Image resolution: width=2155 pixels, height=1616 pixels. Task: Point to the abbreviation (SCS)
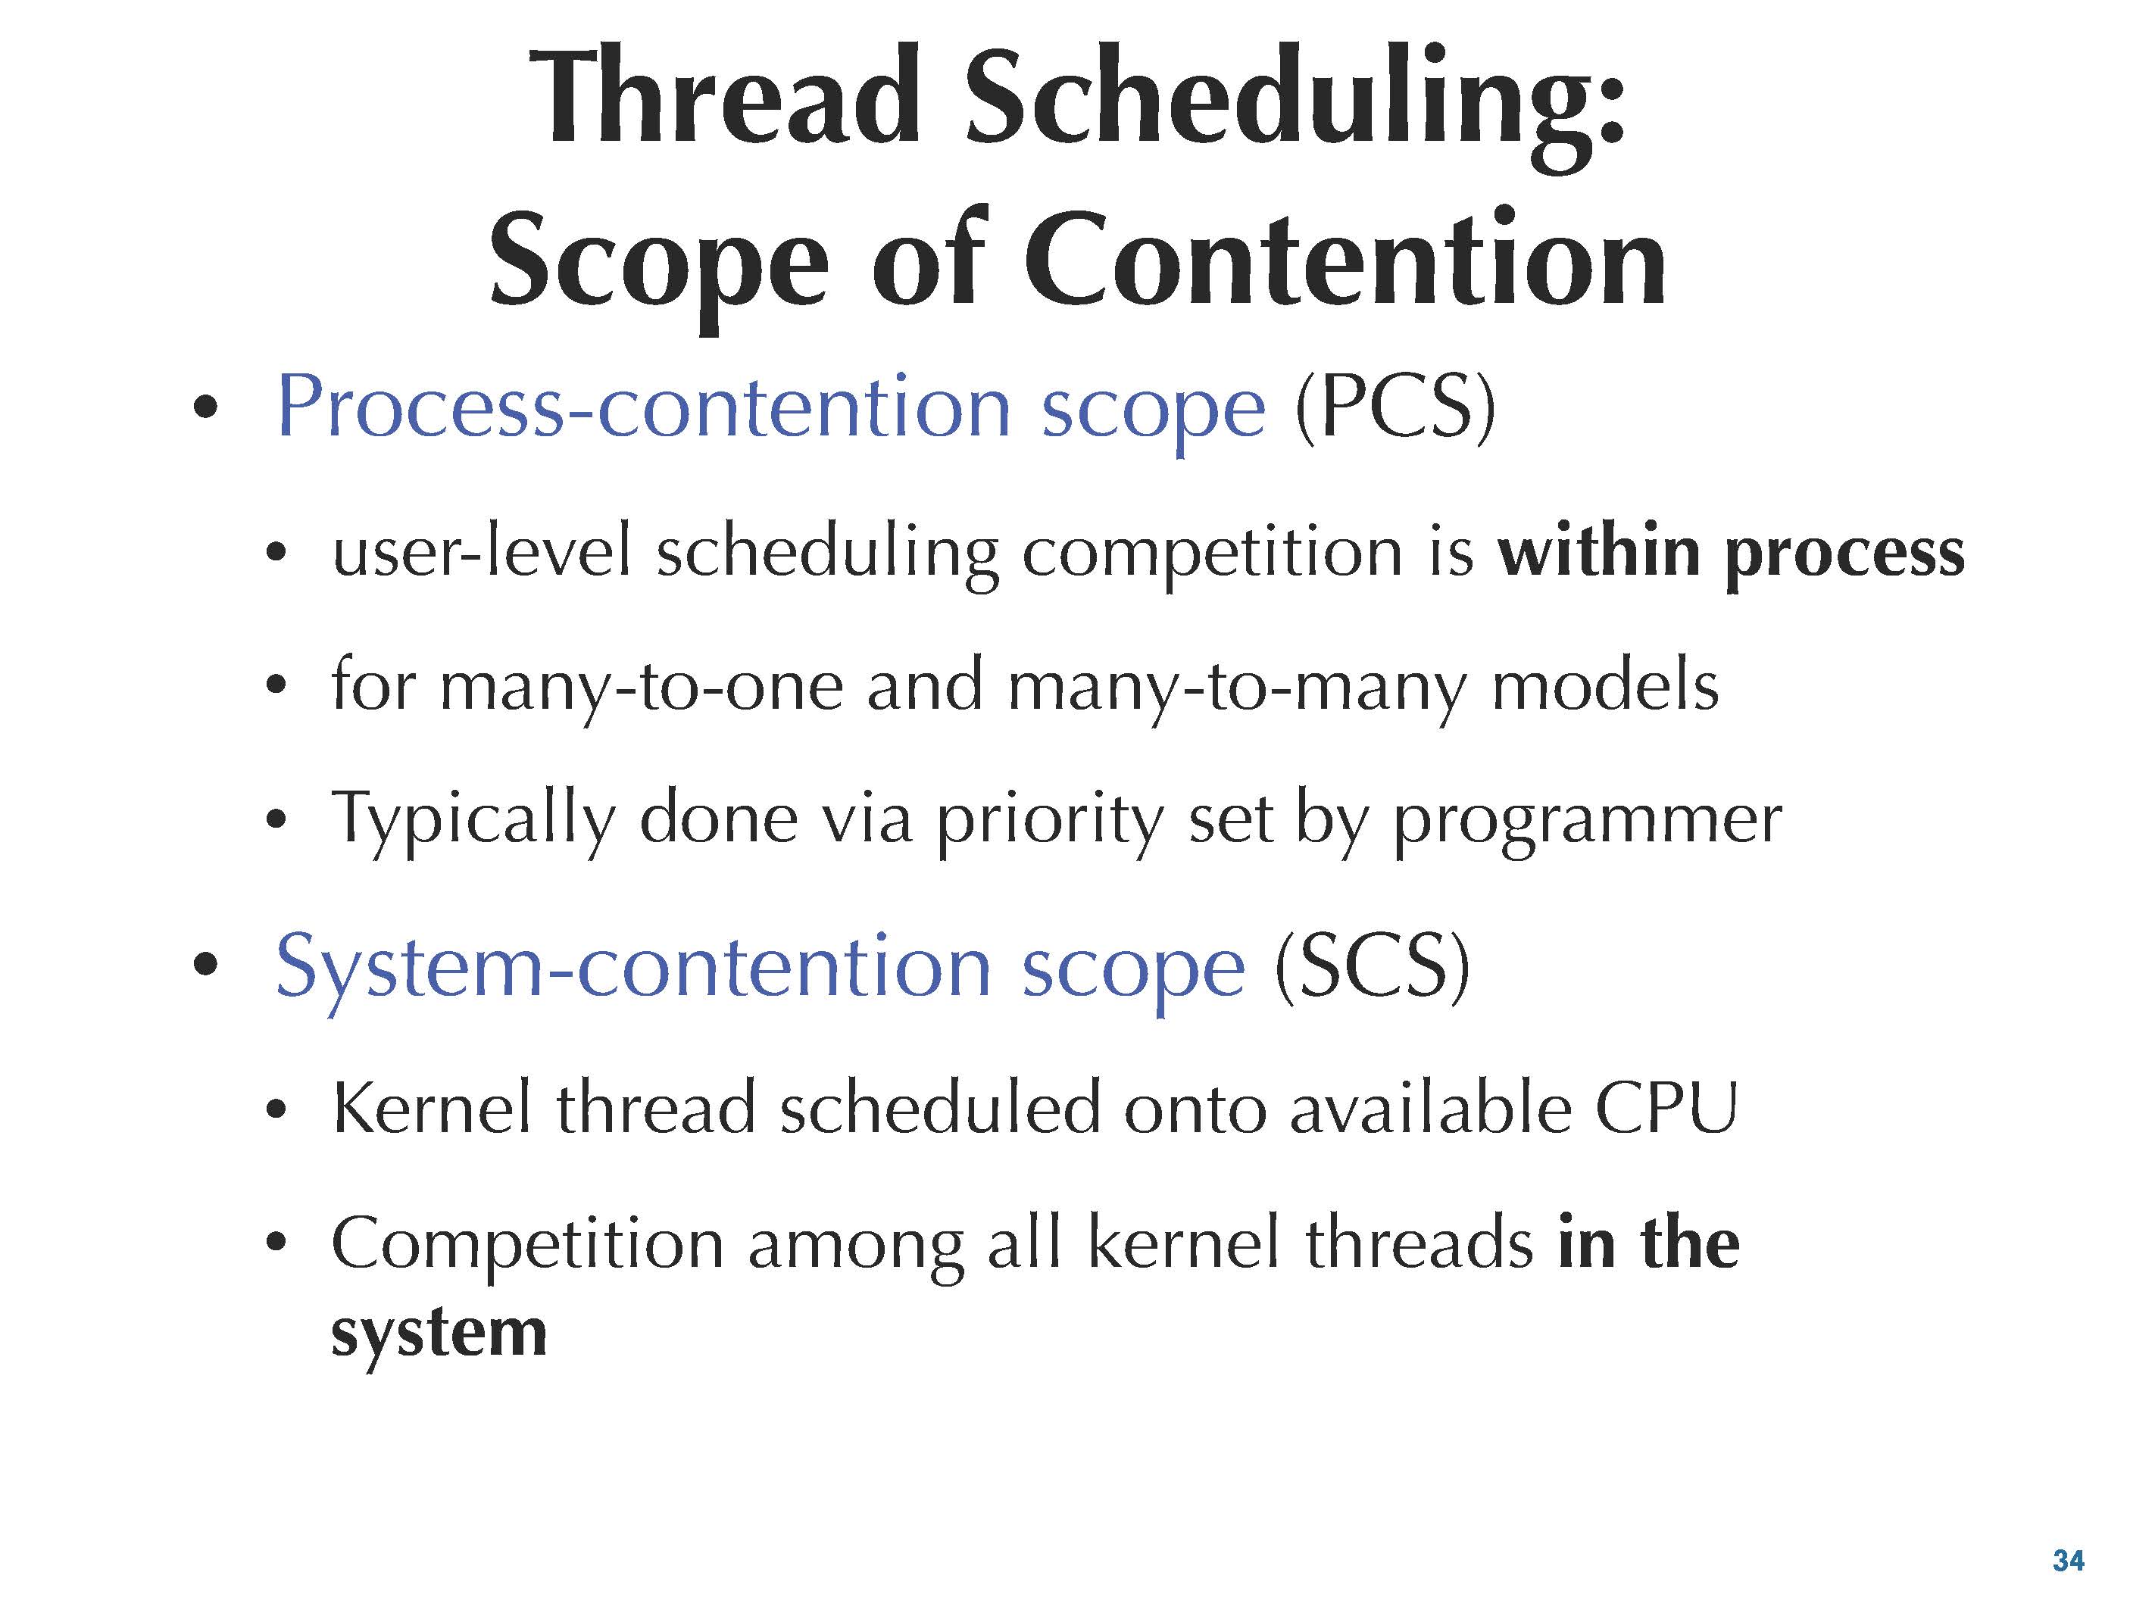(x=1372, y=966)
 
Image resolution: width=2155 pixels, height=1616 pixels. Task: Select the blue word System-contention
(x=632, y=969)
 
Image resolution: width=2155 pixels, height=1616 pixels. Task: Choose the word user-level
(x=481, y=551)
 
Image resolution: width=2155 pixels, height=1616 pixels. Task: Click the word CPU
(x=1665, y=1108)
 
